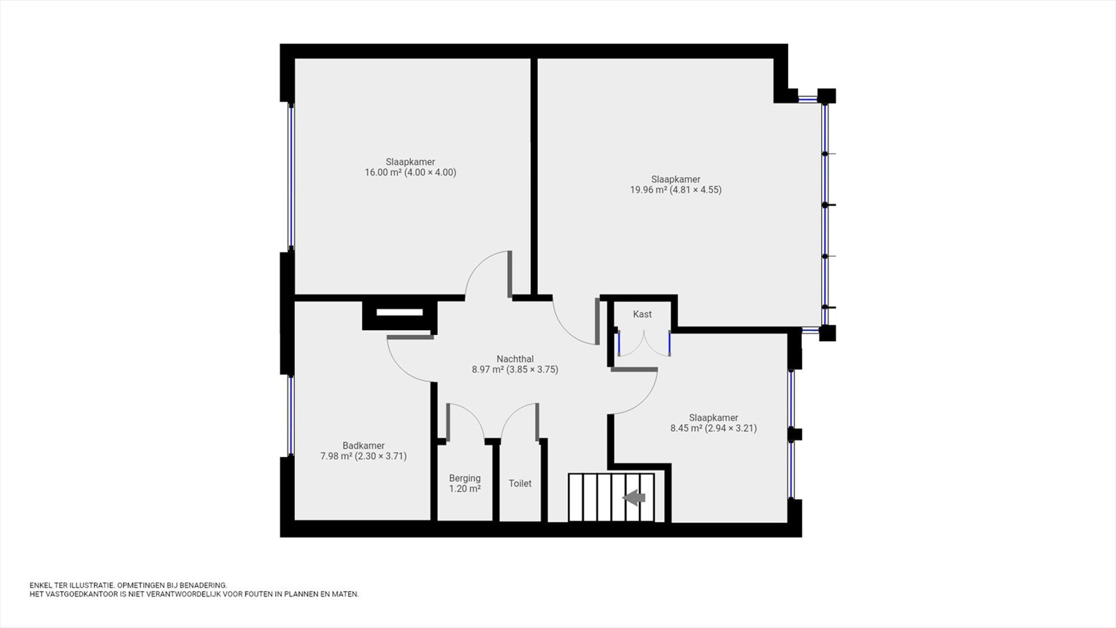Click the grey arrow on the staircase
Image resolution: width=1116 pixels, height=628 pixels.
click(x=634, y=497)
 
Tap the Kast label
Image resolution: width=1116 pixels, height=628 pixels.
click(x=642, y=314)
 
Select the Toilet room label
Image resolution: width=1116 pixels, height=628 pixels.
click(x=520, y=484)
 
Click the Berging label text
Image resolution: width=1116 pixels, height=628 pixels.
click(x=465, y=479)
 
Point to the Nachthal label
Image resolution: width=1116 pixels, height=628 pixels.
click(x=515, y=359)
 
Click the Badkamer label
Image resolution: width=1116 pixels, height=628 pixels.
click(x=363, y=446)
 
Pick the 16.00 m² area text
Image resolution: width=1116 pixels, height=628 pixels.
click(x=383, y=172)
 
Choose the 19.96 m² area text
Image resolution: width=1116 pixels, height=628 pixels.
click(x=648, y=189)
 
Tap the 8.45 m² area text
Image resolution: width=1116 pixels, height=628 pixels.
click(x=686, y=428)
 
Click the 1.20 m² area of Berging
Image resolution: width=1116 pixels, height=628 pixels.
click(x=465, y=489)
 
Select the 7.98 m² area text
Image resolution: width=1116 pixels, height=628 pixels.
click(x=336, y=456)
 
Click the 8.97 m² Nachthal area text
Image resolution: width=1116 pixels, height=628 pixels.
click(x=488, y=369)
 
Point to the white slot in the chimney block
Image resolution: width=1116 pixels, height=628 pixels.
click(x=400, y=313)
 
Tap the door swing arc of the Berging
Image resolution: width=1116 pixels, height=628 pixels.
click(x=474, y=414)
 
